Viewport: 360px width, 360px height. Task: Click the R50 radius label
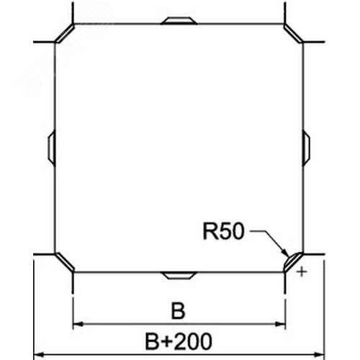pyautogui.click(x=224, y=231)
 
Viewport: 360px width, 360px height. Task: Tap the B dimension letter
pyautogui.click(x=179, y=311)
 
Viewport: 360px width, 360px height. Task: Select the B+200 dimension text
pyautogui.click(x=179, y=341)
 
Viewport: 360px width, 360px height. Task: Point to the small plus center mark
pyautogui.click(x=302, y=272)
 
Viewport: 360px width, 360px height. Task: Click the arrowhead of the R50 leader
pyautogui.click(x=285, y=253)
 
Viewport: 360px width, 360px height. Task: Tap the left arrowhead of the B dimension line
pyautogui.click(x=78, y=324)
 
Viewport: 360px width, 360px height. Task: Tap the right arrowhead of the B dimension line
pyautogui.click(x=280, y=324)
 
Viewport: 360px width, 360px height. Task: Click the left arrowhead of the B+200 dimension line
pyautogui.click(x=38, y=354)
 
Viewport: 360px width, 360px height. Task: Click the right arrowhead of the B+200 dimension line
pyautogui.click(x=320, y=354)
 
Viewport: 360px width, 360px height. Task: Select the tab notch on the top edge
pyautogui.click(x=179, y=21)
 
